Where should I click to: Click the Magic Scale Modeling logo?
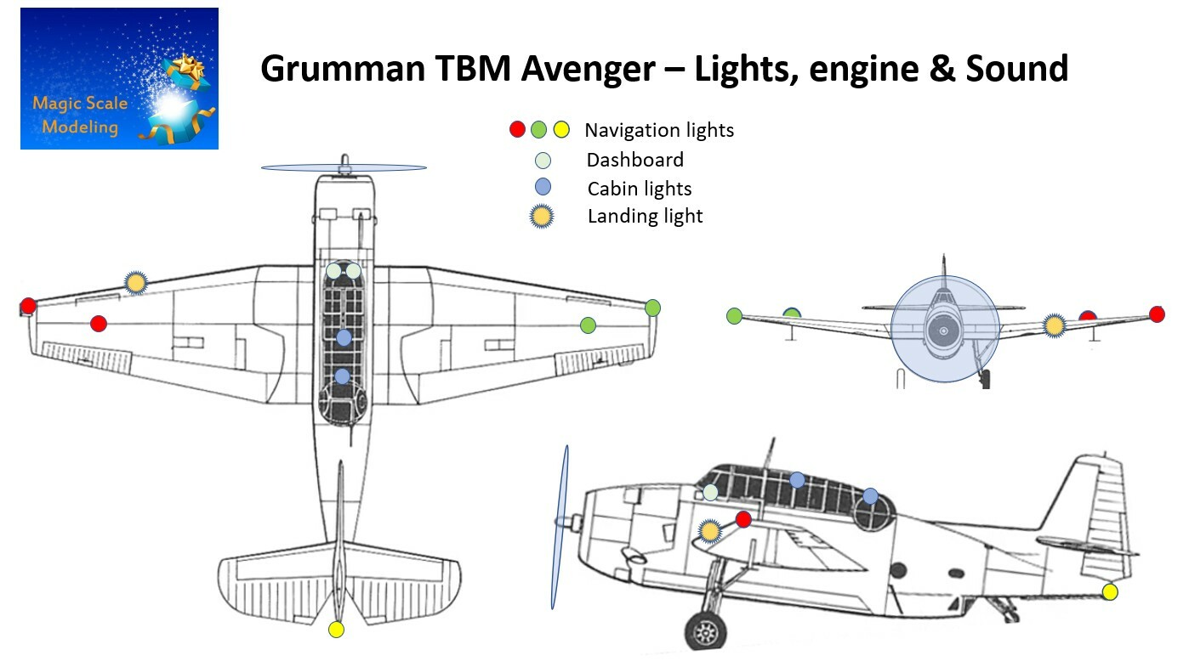tap(119, 79)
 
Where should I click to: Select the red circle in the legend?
tap(517, 130)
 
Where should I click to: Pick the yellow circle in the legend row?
tap(561, 130)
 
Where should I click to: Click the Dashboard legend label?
tap(634, 160)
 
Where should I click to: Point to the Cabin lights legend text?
tap(640, 189)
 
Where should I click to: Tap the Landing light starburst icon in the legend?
tap(542, 217)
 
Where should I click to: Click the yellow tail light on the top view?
tap(336, 630)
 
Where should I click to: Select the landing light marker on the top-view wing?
tap(135, 283)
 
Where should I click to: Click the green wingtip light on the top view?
tap(652, 308)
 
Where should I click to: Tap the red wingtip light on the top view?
tap(28, 306)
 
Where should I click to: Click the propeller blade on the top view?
tap(344, 167)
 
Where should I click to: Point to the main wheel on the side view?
tap(706, 631)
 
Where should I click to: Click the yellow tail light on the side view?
tap(1109, 591)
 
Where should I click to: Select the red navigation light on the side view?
tap(743, 519)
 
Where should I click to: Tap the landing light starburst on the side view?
tap(710, 531)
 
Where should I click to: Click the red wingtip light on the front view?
tap(1157, 314)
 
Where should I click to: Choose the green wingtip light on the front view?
tap(734, 316)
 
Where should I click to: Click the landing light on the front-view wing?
tap(1055, 325)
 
